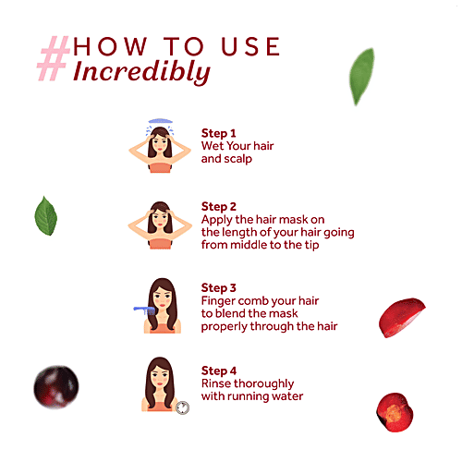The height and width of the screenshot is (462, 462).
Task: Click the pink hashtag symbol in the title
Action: pyautogui.click(x=54, y=58)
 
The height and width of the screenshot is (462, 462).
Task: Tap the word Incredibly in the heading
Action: pyautogui.click(x=141, y=72)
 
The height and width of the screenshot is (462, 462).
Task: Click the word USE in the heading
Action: pyautogui.click(x=250, y=47)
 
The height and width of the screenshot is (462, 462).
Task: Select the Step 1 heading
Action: pyautogui.click(x=218, y=133)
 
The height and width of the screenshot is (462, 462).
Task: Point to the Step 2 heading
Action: pyautogui.click(x=219, y=207)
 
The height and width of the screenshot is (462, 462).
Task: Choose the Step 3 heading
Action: pyautogui.click(x=219, y=288)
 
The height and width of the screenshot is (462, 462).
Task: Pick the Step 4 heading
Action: pyautogui.click(x=219, y=371)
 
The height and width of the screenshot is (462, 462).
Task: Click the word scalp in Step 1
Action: pyautogui.click(x=237, y=159)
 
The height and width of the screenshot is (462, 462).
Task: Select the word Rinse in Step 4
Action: pyautogui.click(x=215, y=383)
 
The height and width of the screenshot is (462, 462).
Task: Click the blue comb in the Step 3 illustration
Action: pyautogui.click(x=144, y=310)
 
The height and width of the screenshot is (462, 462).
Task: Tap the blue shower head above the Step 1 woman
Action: pyautogui.click(x=160, y=121)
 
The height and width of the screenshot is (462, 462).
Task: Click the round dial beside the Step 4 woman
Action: pyautogui.click(x=183, y=407)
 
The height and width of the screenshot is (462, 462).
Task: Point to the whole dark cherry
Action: pyautogui.click(x=56, y=387)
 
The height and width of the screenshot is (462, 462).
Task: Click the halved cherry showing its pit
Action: pyautogui.click(x=395, y=412)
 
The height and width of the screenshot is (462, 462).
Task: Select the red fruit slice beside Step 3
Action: pyautogui.click(x=402, y=317)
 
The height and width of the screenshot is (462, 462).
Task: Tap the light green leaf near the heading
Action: pyautogui.click(x=362, y=77)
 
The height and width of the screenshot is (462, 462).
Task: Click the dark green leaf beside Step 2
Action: pyautogui.click(x=46, y=216)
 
